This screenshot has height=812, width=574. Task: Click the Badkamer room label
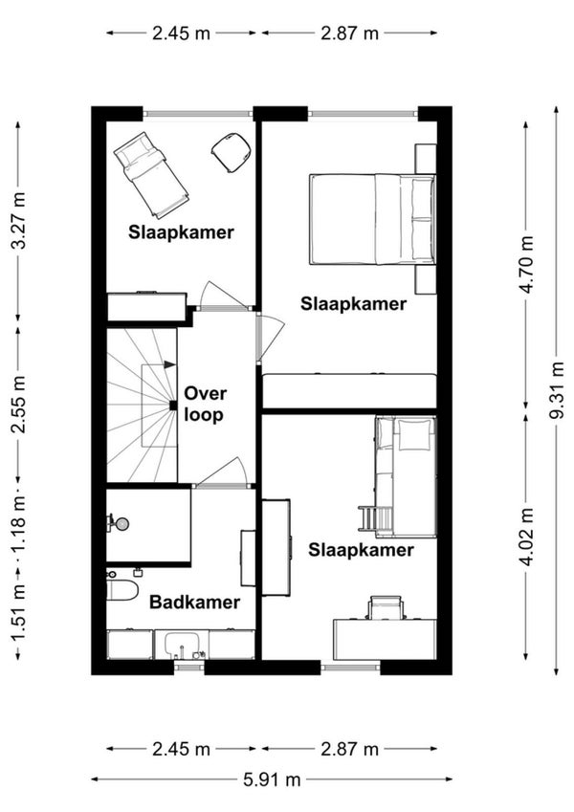click(x=194, y=602)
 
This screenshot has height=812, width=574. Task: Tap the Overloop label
click(x=205, y=404)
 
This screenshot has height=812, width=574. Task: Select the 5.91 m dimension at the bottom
click(x=272, y=779)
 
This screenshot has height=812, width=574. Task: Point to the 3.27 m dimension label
click(x=18, y=220)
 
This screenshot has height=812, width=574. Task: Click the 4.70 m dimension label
click(x=526, y=264)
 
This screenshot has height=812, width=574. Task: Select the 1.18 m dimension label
click(x=18, y=527)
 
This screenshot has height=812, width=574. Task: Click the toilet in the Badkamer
click(x=122, y=590)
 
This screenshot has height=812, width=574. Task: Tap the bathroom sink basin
click(x=181, y=645)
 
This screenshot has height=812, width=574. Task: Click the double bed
click(x=372, y=220)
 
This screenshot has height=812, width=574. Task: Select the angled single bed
click(x=151, y=174)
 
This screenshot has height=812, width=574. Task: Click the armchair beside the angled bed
click(x=232, y=152)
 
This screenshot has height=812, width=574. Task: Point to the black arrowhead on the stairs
click(x=170, y=364)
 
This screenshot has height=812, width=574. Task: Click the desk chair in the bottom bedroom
click(x=385, y=607)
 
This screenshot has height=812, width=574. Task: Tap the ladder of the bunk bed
click(x=376, y=517)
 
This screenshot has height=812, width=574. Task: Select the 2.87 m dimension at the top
click(x=350, y=33)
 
